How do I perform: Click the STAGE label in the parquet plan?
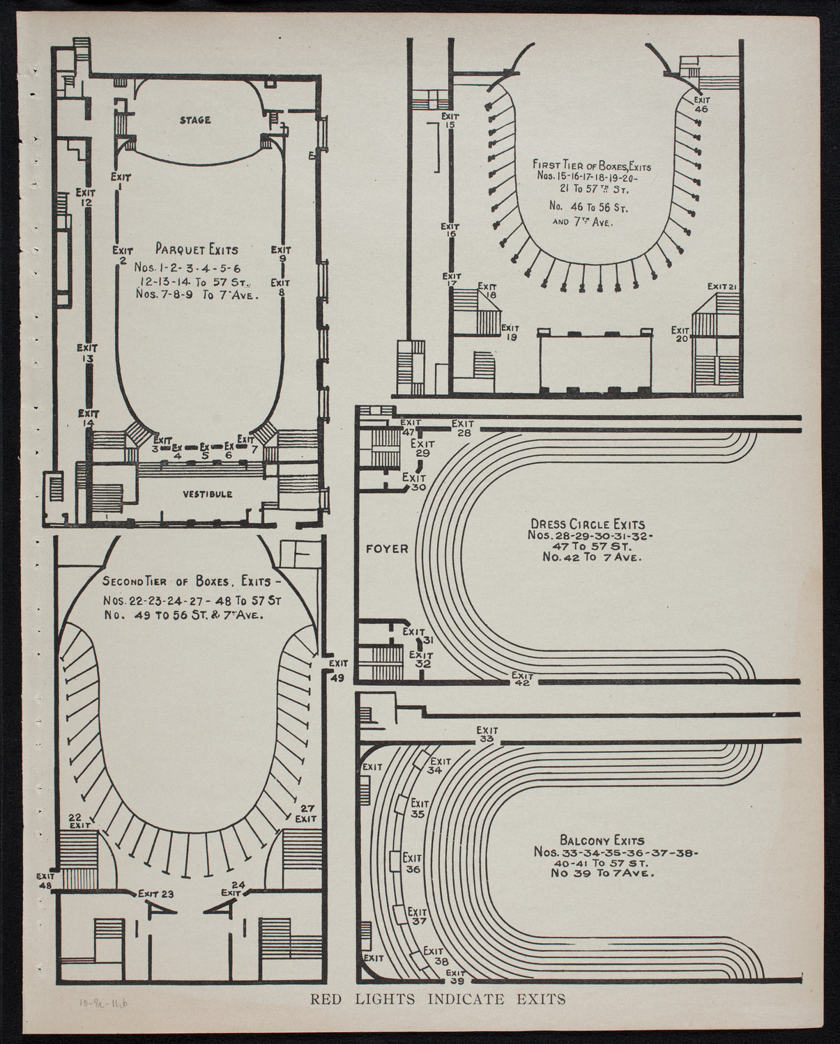pos(195,120)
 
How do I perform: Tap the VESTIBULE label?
pos(208,494)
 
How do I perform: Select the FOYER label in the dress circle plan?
pos(386,549)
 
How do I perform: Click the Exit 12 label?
pos(86,197)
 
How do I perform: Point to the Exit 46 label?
pos(701,104)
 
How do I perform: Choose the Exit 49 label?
pos(338,670)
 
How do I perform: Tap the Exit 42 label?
pos(522,679)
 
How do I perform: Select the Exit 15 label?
pos(450,120)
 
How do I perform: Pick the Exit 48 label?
pos(46,880)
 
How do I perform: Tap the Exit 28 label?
pos(462,428)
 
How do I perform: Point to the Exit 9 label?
pos(282,254)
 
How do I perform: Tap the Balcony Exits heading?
pos(602,841)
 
